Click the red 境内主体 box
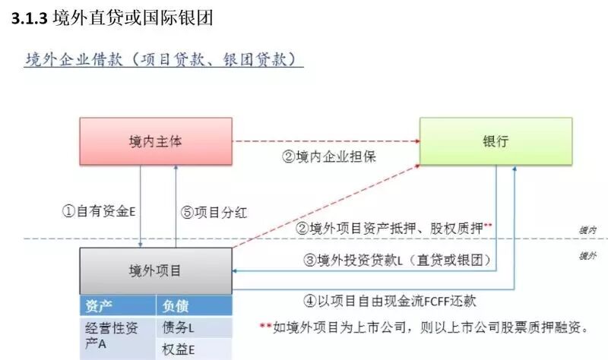click(155, 141)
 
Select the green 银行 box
click(495, 141)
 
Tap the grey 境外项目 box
click(155, 270)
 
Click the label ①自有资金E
click(98, 212)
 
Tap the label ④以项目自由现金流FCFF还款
click(390, 300)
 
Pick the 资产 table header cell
click(100, 305)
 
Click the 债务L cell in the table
click(179, 328)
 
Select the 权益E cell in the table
click(179, 350)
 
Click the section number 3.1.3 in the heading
click(30, 19)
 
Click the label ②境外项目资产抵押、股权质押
click(389, 227)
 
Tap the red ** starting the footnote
click(265, 327)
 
